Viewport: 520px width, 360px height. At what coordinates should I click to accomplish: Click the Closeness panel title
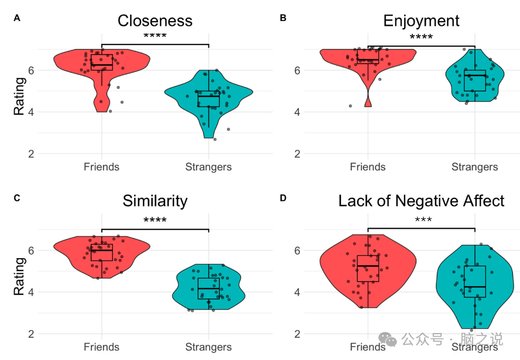pos(155,21)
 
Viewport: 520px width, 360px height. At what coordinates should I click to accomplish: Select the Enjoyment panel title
pos(421,21)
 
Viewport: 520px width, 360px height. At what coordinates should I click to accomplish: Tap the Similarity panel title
pos(155,201)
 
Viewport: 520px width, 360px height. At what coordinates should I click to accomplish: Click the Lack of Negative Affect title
pos(421,201)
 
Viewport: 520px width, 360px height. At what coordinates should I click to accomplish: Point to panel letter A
pos(17,18)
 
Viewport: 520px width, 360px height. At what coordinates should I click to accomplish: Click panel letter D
pos(283,198)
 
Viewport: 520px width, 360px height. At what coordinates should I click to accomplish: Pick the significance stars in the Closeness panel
pos(155,36)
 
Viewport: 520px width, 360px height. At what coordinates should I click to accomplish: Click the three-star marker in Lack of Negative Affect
pos(422,221)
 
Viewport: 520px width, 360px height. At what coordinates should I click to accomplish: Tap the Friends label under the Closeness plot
pos(101,167)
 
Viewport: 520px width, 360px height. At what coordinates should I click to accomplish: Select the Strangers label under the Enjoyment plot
pos(474,167)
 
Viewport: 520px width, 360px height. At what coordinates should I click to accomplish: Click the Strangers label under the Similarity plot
pos(208,347)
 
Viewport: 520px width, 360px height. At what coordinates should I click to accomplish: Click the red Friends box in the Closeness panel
pos(102,62)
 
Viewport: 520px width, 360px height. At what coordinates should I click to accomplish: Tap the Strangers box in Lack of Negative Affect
pos(475,282)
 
